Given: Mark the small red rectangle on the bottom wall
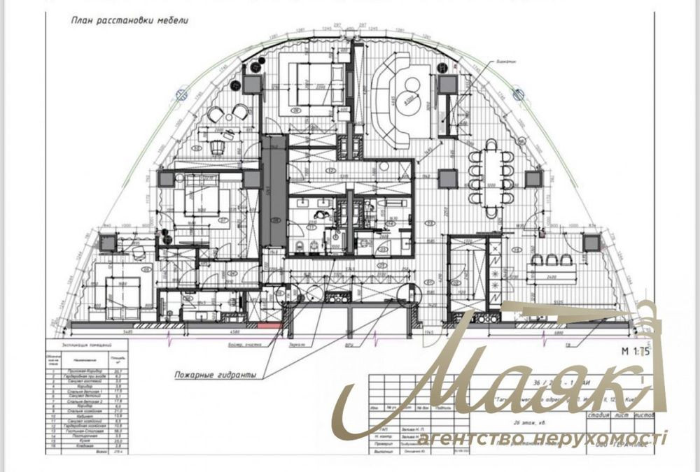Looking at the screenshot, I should tap(269, 326).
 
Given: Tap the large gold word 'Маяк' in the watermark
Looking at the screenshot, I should tap(490, 392).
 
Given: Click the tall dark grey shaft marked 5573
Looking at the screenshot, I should tap(274, 189).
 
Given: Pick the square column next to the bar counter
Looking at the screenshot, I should tap(591, 243).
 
